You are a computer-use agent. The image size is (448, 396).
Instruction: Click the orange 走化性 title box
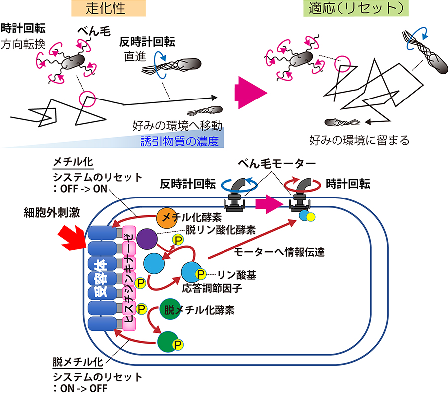(x=108, y=8)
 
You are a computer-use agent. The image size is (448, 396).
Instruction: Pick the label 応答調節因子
(x=203, y=288)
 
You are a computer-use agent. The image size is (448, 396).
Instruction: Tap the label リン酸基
(x=232, y=274)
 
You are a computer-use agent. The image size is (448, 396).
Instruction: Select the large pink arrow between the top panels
(x=250, y=92)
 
